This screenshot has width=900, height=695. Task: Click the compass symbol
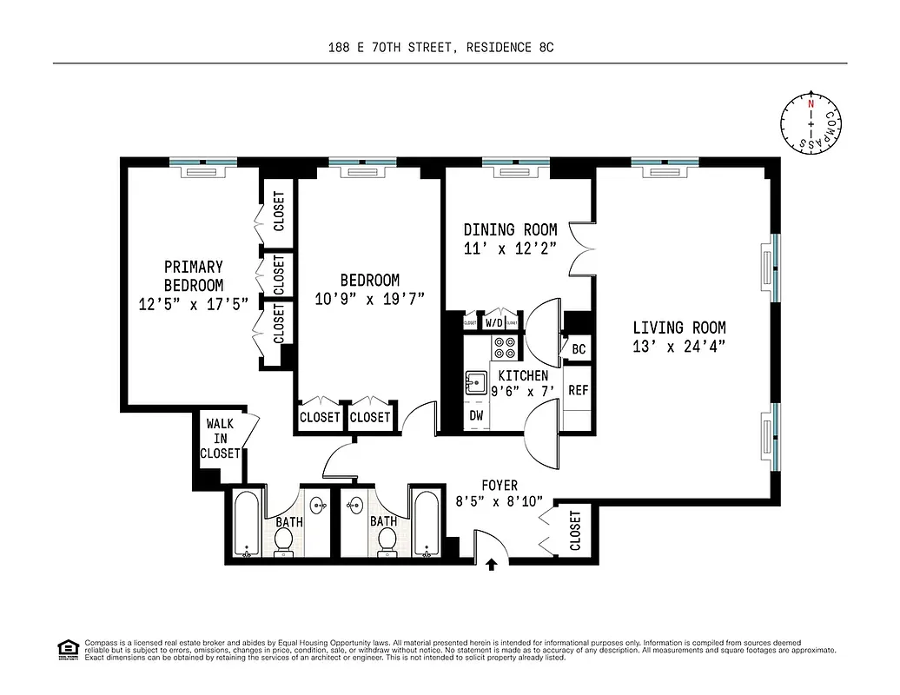point(811,125)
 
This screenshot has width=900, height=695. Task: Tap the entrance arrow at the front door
point(491,565)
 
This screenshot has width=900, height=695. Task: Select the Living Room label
point(678,328)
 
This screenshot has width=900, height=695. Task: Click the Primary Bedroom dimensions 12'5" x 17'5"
point(193,304)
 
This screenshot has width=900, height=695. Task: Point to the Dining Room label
point(510,230)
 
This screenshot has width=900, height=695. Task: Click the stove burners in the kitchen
point(505,347)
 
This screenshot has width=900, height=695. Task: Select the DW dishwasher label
point(476,416)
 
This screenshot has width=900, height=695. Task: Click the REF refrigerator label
point(578,390)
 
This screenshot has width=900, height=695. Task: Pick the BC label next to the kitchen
point(579,349)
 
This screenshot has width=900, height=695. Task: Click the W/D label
point(493,323)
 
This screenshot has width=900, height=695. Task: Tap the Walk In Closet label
point(220,439)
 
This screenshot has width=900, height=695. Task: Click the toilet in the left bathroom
point(283,541)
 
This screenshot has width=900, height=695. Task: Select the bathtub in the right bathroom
point(426,525)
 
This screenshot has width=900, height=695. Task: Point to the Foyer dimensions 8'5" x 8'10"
point(499,501)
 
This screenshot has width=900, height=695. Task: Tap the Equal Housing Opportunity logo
point(65,648)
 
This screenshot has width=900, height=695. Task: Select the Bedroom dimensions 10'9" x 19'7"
point(369,299)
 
